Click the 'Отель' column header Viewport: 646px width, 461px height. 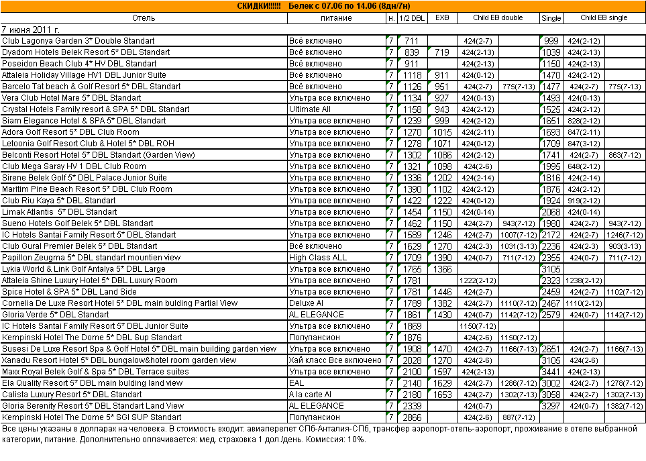click(144, 18)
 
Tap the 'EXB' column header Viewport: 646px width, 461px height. click(441, 18)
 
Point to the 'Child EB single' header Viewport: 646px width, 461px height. click(604, 18)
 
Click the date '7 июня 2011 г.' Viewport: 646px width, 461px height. click(31, 30)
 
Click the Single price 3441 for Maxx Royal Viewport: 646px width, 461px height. click(551, 372)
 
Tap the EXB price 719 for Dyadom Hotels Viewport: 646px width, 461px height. click(441, 52)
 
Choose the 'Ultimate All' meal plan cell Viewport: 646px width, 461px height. click(310, 109)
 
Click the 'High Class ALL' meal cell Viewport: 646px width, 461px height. click(318, 258)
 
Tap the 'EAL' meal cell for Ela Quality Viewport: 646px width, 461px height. click(297, 383)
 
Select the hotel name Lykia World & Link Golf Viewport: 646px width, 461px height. click(84, 269)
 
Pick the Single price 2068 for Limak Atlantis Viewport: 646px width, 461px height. click(551, 212)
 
